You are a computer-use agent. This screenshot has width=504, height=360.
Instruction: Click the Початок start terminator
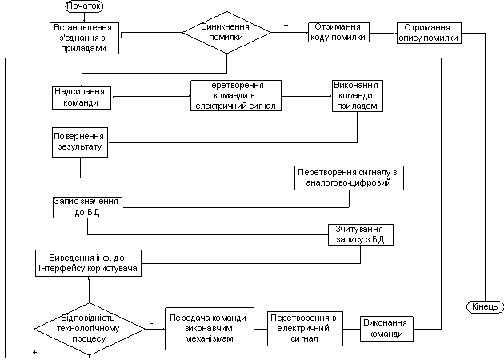84,6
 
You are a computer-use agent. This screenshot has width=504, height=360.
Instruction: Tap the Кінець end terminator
485,307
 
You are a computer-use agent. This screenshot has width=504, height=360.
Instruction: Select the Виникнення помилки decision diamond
226,32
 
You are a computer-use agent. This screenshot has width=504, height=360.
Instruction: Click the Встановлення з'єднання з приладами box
85,38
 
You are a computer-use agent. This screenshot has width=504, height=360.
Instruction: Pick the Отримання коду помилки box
338,32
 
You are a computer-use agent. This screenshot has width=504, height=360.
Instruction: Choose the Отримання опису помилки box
429,33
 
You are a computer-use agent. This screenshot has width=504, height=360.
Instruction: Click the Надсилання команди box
82,98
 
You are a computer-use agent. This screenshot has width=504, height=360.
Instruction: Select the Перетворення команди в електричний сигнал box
236,96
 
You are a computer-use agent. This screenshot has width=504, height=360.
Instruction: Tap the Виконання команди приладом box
358,96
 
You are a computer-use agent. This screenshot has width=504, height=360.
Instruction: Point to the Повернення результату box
80,142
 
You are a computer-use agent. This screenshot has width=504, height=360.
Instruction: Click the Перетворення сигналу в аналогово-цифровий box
349,178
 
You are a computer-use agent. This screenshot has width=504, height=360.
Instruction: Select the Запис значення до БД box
87,208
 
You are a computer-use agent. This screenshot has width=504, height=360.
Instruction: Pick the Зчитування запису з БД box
361,235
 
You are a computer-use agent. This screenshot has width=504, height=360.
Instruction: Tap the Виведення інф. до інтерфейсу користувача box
88,263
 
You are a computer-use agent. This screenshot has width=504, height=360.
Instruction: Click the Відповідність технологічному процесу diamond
90,329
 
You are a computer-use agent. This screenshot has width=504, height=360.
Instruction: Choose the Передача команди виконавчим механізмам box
210,329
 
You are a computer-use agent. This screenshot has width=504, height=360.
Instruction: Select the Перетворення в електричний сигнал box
305,329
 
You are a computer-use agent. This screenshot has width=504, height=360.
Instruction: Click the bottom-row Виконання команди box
386,329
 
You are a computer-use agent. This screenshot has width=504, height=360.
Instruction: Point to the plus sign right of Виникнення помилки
286,26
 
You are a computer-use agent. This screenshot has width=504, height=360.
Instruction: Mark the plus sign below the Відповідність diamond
34,352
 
